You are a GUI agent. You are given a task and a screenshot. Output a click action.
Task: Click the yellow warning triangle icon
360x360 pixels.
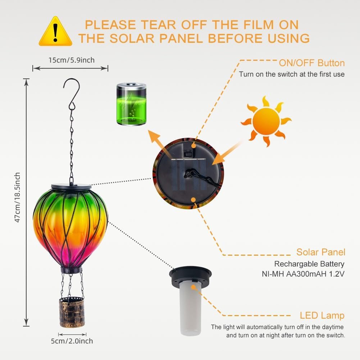(55, 31)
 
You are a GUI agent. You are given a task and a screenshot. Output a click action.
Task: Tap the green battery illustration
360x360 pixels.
(131, 104)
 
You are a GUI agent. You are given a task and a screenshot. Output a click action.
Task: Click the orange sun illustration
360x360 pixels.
(266, 121)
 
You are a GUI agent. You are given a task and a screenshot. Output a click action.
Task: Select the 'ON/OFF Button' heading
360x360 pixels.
(312, 63)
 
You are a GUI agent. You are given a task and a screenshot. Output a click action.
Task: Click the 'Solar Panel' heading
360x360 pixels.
(321, 252)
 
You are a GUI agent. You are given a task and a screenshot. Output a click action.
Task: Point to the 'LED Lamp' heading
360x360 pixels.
(322, 315)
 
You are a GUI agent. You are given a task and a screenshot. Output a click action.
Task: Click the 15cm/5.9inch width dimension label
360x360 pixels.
(72, 60)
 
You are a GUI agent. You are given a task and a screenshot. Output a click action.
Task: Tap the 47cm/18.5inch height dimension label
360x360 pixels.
(18, 197)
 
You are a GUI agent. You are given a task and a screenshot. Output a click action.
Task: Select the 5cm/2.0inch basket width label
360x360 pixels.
(72, 341)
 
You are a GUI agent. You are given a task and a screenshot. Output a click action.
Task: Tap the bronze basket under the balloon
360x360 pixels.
(72, 312)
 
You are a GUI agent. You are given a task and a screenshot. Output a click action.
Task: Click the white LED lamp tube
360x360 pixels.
(190, 307)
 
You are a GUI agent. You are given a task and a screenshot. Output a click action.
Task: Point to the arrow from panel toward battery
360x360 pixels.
(159, 143)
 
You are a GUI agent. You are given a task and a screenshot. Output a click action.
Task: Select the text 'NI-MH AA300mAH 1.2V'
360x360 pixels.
(303, 274)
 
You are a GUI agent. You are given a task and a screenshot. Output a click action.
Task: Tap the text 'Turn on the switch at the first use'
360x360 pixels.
(292, 74)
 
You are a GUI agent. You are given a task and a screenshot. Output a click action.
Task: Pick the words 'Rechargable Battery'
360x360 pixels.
(309, 264)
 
